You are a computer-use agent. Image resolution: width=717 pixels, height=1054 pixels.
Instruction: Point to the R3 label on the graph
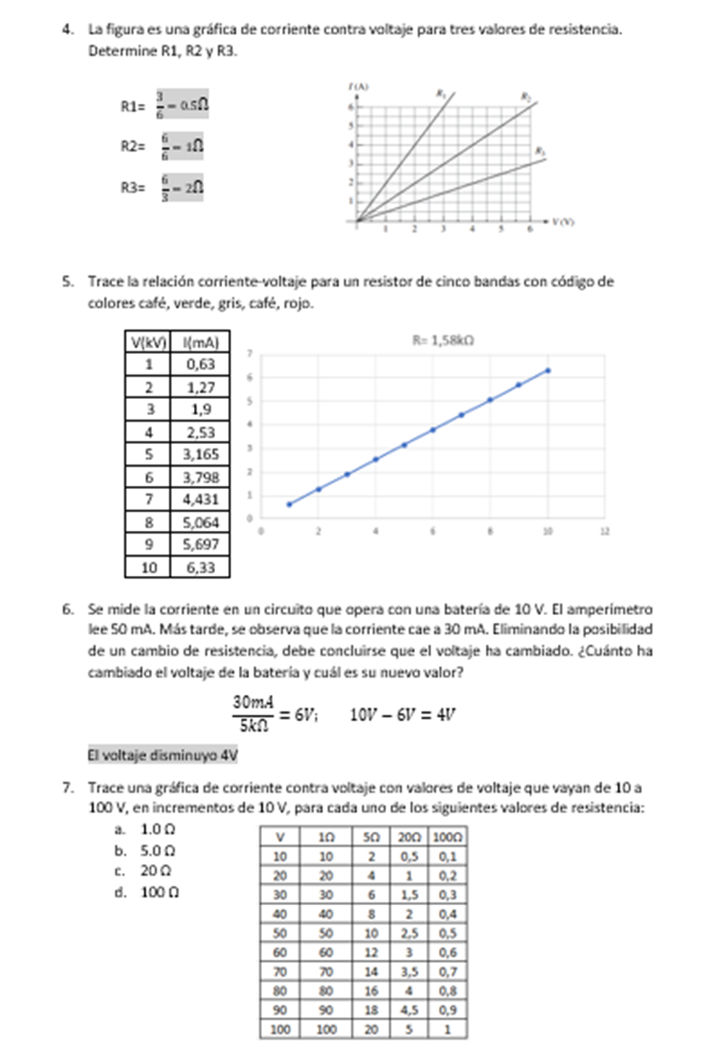tap(538, 151)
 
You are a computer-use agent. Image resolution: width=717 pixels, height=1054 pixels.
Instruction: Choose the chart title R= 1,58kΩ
tap(442, 339)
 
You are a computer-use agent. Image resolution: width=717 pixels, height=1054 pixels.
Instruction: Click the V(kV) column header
tap(148, 343)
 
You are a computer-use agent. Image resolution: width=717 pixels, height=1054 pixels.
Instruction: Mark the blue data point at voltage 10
tap(548, 370)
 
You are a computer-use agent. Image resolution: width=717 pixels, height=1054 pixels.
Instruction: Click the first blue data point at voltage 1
tap(289, 504)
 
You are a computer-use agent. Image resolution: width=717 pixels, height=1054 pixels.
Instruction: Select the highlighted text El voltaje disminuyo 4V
tap(162, 755)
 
